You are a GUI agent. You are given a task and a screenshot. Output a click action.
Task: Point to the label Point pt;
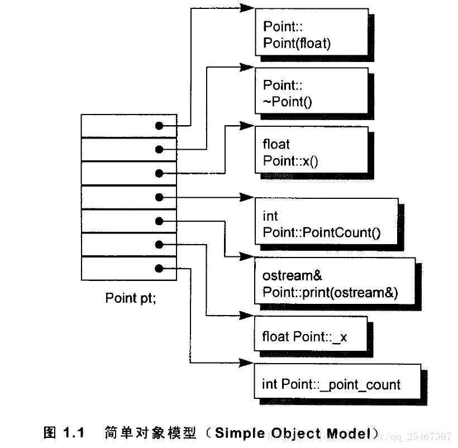[x=131, y=298]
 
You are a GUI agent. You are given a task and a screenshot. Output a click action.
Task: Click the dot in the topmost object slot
[x=159, y=126]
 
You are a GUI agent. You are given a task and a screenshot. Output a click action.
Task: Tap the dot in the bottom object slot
[x=159, y=269]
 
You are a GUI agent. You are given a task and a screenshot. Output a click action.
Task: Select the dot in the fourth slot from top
[x=159, y=197]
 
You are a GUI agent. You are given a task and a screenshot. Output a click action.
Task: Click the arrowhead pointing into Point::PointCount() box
[x=247, y=197]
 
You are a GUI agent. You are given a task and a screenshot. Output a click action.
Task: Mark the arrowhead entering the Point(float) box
[x=247, y=8]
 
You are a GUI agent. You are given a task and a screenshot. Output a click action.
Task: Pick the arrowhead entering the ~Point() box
[x=247, y=67]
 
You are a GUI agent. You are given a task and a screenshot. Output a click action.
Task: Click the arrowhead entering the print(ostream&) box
[x=247, y=256]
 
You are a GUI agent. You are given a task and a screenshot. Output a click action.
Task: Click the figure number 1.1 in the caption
[x=73, y=433]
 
